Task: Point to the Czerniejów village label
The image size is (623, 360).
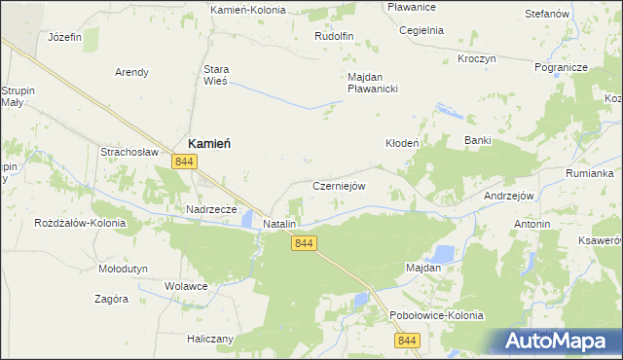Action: click(x=338, y=186)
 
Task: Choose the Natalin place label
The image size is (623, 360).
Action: click(x=279, y=224)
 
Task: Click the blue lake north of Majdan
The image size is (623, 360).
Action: click(x=442, y=254)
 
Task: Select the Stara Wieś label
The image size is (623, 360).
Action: click(x=215, y=76)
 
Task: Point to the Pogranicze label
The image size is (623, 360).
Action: click(x=561, y=67)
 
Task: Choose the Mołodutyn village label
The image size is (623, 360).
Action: click(x=123, y=268)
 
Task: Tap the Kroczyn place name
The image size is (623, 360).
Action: click(x=476, y=58)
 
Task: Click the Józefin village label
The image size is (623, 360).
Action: click(x=64, y=36)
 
